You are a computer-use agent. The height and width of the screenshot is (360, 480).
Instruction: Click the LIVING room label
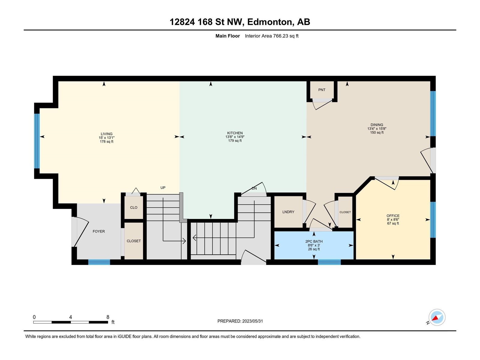(106, 134)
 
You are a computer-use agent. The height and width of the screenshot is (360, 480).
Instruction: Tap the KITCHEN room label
(235, 133)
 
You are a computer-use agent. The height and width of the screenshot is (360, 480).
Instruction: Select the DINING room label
(377, 125)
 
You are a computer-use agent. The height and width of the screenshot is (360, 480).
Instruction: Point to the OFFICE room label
(393, 216)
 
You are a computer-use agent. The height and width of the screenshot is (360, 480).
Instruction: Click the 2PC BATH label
(314, 241)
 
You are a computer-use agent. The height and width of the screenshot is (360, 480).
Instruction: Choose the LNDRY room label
(288, 212)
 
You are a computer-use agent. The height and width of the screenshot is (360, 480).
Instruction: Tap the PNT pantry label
(322, 90)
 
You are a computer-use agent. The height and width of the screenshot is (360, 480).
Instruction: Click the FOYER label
(99, 231)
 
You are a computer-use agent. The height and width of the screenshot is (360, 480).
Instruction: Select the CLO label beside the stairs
(133, 207)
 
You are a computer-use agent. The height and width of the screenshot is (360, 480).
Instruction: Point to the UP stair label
(163, 187)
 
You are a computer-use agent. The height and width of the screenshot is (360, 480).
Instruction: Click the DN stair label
(254, 188)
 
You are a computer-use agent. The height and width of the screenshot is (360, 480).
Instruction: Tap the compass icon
(437, 317)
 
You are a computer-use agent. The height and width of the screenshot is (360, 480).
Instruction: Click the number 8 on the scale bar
(108, 317)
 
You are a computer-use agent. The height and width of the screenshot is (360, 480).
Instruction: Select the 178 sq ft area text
(106, 141)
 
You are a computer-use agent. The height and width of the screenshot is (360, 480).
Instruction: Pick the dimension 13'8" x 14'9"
(235, 137)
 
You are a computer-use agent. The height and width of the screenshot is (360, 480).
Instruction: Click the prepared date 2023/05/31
(253, 321)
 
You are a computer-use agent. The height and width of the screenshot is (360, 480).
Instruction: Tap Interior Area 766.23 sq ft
(271, 36)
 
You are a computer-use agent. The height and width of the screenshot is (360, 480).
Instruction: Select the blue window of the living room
(37, 141)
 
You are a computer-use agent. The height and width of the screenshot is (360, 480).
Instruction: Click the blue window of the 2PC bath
(329, 262)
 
